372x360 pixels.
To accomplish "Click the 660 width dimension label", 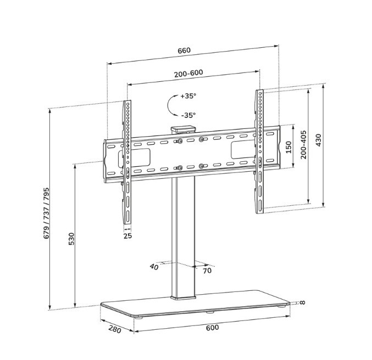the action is tap(184, 50).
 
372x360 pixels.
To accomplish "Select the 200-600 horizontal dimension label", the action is tap(189, 73).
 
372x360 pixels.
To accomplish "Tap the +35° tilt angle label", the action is tap(188, 96).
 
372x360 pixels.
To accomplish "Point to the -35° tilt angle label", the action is tap(188, 115).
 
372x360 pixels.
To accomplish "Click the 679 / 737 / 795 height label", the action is tap(46, 213).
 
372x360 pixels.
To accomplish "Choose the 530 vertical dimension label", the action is tap(71, 239).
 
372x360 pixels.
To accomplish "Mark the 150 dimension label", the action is tap(288, 147).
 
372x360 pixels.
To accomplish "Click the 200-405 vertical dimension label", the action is tap(303, 144).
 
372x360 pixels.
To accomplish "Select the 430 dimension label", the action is tap(318, 140).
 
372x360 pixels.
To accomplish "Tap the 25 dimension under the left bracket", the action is tap(127, 236).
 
